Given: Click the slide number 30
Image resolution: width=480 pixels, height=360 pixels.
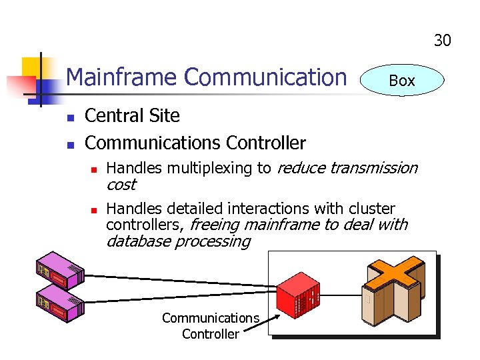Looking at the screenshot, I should coord(442,41).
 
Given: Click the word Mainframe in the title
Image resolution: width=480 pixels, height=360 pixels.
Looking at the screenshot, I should coord(123,77).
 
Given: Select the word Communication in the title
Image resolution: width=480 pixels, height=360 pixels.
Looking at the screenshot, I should coord(265,77).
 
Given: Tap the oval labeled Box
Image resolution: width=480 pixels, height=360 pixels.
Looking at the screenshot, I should coord(401,81).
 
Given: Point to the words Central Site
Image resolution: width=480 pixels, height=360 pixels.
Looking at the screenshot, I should coord(132,116).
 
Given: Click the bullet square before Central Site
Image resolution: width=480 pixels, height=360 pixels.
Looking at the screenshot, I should coord(69,118).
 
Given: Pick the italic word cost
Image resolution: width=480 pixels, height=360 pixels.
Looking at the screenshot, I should coord(121,185).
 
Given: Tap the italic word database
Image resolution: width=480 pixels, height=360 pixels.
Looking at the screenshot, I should coord(137,241).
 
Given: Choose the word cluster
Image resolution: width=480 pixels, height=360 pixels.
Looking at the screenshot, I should coord(371,209).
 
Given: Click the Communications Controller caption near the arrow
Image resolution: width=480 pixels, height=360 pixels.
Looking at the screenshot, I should coord(210,326).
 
